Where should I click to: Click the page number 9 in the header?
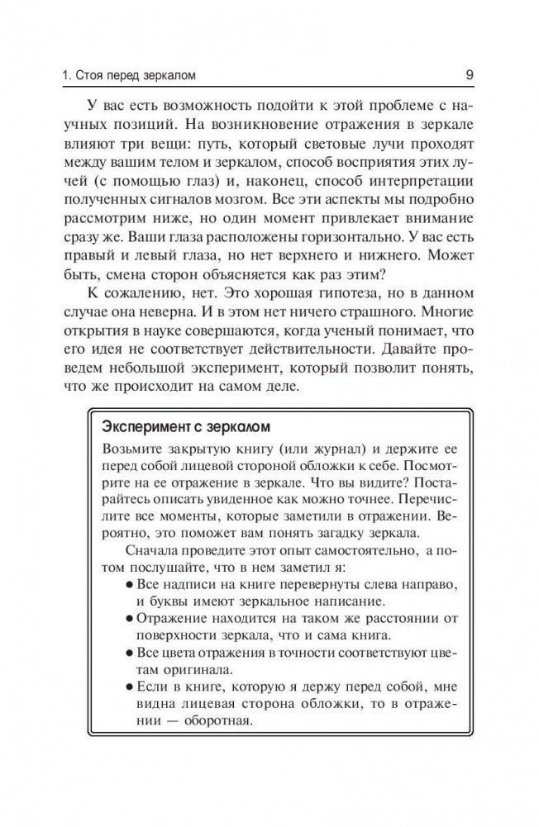point(469,78)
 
